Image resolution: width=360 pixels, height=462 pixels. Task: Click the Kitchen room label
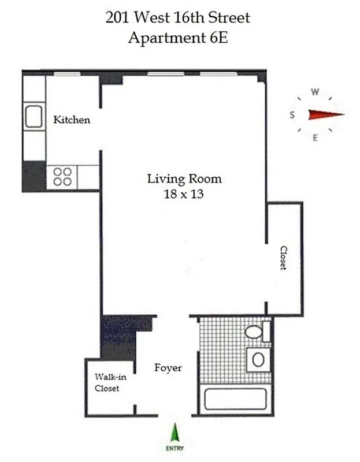click(72, 120)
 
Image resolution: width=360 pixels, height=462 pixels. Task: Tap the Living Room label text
click(184, 179)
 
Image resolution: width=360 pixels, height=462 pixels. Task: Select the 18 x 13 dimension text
click(184, 195)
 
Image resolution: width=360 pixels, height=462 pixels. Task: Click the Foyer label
click(168, 367)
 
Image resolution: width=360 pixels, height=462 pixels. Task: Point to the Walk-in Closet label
click(107, 382)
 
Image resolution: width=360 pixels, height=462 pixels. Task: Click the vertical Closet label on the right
click(283, 258)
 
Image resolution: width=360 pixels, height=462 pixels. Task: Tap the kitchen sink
click(34, 118)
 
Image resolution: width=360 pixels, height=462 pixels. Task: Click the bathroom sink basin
click(258, 359)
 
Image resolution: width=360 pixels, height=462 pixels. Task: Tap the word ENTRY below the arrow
click(174, 448)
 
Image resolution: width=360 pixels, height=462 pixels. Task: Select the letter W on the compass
click(315, 92)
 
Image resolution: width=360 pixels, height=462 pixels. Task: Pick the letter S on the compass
click(292, 115)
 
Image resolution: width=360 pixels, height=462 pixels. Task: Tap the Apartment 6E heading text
click(177, 39)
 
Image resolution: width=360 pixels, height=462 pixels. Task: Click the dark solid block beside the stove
click(34, 176)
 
